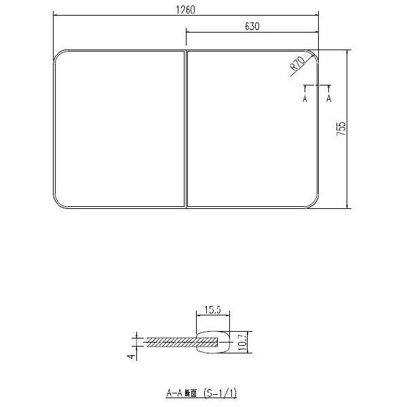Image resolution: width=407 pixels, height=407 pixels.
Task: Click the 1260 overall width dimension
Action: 186,9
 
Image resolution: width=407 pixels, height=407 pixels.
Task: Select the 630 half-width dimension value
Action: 252,26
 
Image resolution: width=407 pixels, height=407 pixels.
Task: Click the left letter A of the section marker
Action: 305,99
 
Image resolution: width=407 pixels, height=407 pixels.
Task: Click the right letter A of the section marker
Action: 330,99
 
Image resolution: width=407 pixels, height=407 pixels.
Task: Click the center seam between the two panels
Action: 185,128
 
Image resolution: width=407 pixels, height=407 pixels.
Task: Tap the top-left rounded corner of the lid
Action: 58,55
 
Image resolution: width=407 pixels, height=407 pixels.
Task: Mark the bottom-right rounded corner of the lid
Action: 313,201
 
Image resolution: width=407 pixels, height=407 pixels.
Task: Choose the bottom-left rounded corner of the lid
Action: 58,201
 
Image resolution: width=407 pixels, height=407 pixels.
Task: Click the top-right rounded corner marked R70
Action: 313,55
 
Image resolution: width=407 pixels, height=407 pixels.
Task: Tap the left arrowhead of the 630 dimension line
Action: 188,32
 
